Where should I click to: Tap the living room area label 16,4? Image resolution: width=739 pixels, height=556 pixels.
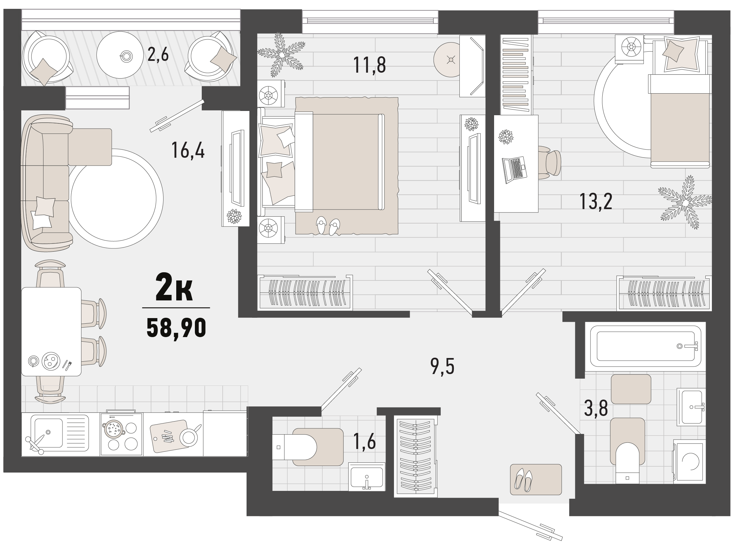coord(188,150)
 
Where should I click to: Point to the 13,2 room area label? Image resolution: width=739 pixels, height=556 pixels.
coord(596,202)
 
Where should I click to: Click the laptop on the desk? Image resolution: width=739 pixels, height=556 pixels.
coord(514,170)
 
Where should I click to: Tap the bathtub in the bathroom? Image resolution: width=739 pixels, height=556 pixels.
coord(645,346)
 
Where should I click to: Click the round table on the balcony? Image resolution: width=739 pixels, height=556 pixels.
coord(120,55)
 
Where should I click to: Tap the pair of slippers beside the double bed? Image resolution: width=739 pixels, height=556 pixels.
coord(328,226)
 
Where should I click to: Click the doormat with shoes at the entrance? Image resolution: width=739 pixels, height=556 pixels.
coord(536,479)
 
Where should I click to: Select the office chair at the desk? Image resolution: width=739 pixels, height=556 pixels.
coord(550,163)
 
